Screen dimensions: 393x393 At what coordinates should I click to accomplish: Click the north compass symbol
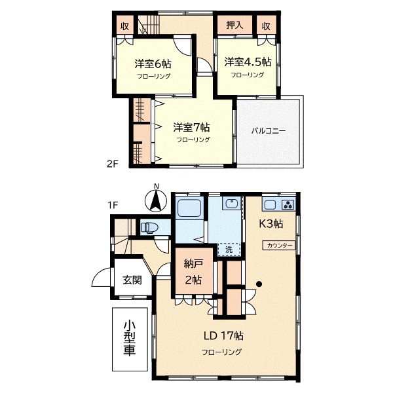click(x=156, y=200)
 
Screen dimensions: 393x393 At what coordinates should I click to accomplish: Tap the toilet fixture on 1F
click(x=149, y=227)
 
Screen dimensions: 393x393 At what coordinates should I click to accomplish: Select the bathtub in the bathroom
click(x=189, y=208)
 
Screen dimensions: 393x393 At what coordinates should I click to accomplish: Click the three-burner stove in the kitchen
click(x=288, y=205)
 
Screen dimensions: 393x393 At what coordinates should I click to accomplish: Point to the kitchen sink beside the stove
click(x=270, y=205)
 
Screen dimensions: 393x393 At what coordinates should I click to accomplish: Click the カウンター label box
click(x=279, y=246)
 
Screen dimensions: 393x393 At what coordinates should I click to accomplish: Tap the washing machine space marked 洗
click(x=229, y=250)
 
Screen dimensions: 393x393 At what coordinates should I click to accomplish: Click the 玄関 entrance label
click(x=132, y=280)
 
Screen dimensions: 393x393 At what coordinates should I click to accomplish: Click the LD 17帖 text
click(x=223, y=335)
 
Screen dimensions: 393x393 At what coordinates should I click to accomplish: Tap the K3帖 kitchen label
click(x=271, y=223)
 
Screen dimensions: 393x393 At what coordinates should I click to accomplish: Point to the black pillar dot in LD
click(x=259, y=284)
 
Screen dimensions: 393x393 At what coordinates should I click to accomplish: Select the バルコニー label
click(x=269, y=131)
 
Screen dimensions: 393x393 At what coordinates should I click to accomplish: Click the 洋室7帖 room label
click(x=192, y=128)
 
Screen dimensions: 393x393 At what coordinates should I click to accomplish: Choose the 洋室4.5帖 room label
click(x=248, y=62)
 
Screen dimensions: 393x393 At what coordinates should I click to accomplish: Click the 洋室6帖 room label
click(x=153, y=64)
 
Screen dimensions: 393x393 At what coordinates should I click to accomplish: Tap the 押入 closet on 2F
click(x=235, y=25)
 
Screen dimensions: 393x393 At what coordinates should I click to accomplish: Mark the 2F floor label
click(x=112, y=164)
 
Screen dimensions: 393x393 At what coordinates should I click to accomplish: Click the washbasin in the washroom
click(x=233, y=203)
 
